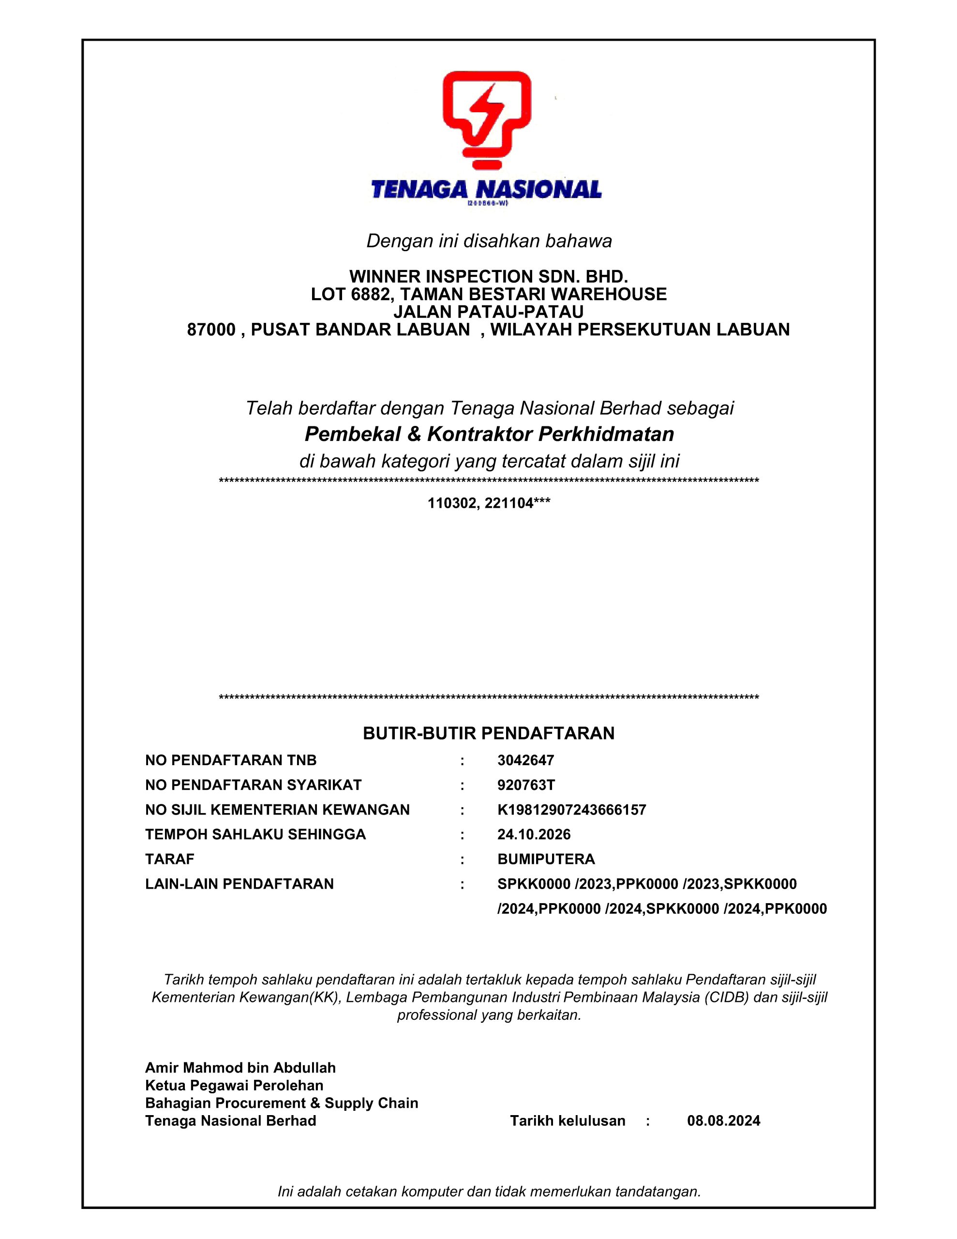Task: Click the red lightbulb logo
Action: tap(487, 119)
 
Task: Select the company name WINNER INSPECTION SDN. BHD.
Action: tap(489, 277)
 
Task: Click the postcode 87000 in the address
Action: tap(211, 330)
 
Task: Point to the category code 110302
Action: tap(451, 503)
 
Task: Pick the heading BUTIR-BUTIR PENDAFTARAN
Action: tap(489, 734)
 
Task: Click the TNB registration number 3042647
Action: tap(525, 760)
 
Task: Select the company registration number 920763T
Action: tap(526, 785)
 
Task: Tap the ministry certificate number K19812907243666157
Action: tap(571, 810)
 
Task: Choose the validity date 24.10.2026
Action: tap(534, 834)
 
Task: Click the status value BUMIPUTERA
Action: tap(546, 860)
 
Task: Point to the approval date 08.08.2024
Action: tap(723, 1121)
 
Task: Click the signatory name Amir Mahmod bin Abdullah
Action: tap(240, 1068)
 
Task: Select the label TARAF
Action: tap(170, 860)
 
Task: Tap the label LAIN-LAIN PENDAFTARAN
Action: tap(239, 884)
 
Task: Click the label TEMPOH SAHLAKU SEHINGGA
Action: tap(255, 834)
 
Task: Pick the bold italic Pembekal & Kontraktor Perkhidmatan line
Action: tap(489, 435)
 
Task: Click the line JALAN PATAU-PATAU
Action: tap(489, 312)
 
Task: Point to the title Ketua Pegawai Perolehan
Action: tap(234, 1086)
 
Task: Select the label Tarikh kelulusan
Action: tap(567, 1121)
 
